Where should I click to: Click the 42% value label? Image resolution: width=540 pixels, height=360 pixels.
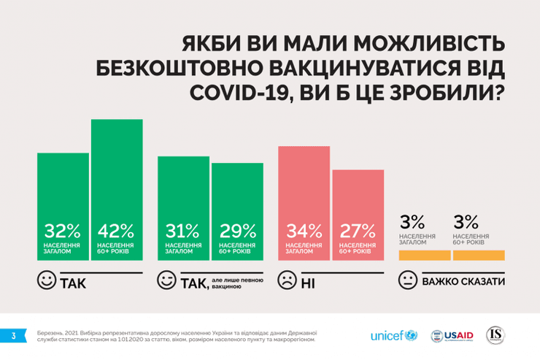click(x=115, y=231)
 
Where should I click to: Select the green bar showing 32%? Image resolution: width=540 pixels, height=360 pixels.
click(x=63, y=190)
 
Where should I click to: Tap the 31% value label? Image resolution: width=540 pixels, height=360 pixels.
click(x=183, y=231)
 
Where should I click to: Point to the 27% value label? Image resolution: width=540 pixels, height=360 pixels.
click(x=358, y=231)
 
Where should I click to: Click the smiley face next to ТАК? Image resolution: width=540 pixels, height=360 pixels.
click(x=47, y=281)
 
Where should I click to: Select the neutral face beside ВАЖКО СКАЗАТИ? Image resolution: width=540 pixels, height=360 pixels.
click(x=408, y=281)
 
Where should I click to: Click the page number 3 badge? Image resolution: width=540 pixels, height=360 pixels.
click(x=12, y=336)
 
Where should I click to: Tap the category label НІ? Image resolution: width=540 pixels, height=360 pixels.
click(x=308, y=283)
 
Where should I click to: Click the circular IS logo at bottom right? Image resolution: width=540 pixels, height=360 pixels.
click(x=496, y=335)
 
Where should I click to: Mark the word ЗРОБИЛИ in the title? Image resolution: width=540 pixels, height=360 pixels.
click(x=447, y=93)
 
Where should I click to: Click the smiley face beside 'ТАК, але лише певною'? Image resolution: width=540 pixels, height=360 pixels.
click(x=168, y=281)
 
